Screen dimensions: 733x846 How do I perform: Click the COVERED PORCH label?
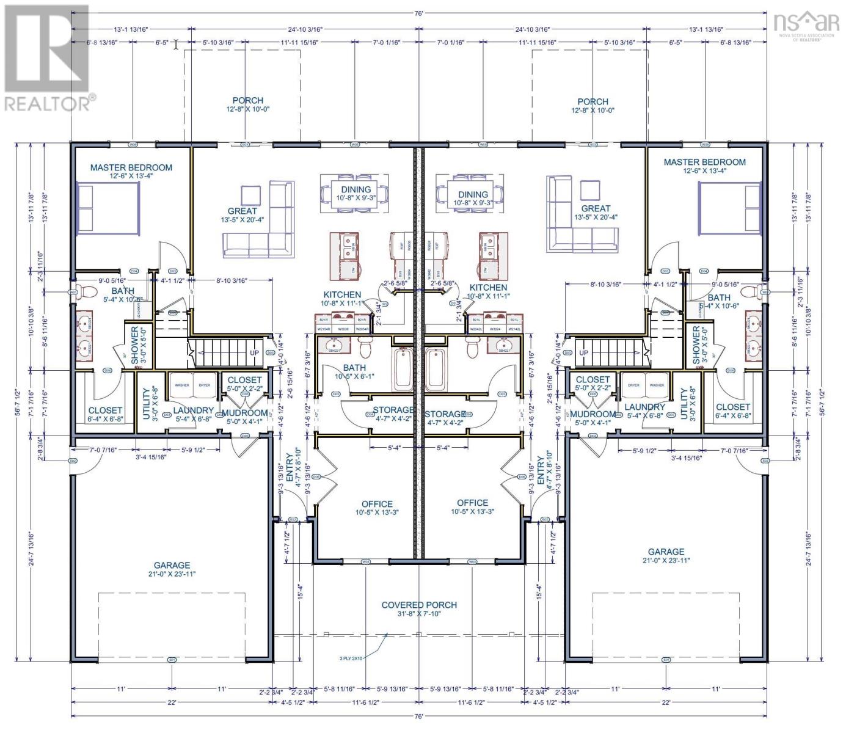pyautogui.click(x=418, y=605)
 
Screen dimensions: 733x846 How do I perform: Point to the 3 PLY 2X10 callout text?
pyautogui.click(x=351, y=658)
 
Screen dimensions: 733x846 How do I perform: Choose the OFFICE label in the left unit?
pyautogui.click(x=377, y=504)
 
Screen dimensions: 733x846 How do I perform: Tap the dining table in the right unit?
pyautogui.click(x=470, y=192)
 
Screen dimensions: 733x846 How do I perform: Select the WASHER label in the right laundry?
pyautogui.click(x=657, y=385)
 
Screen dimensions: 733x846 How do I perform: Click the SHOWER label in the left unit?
pyautogui.click(x=135, y=345)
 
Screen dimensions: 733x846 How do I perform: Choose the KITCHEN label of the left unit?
pyautogui.click(x=342, y=294)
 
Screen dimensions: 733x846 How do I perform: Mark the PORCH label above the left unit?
pyautogui.click(x=247, y=100)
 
